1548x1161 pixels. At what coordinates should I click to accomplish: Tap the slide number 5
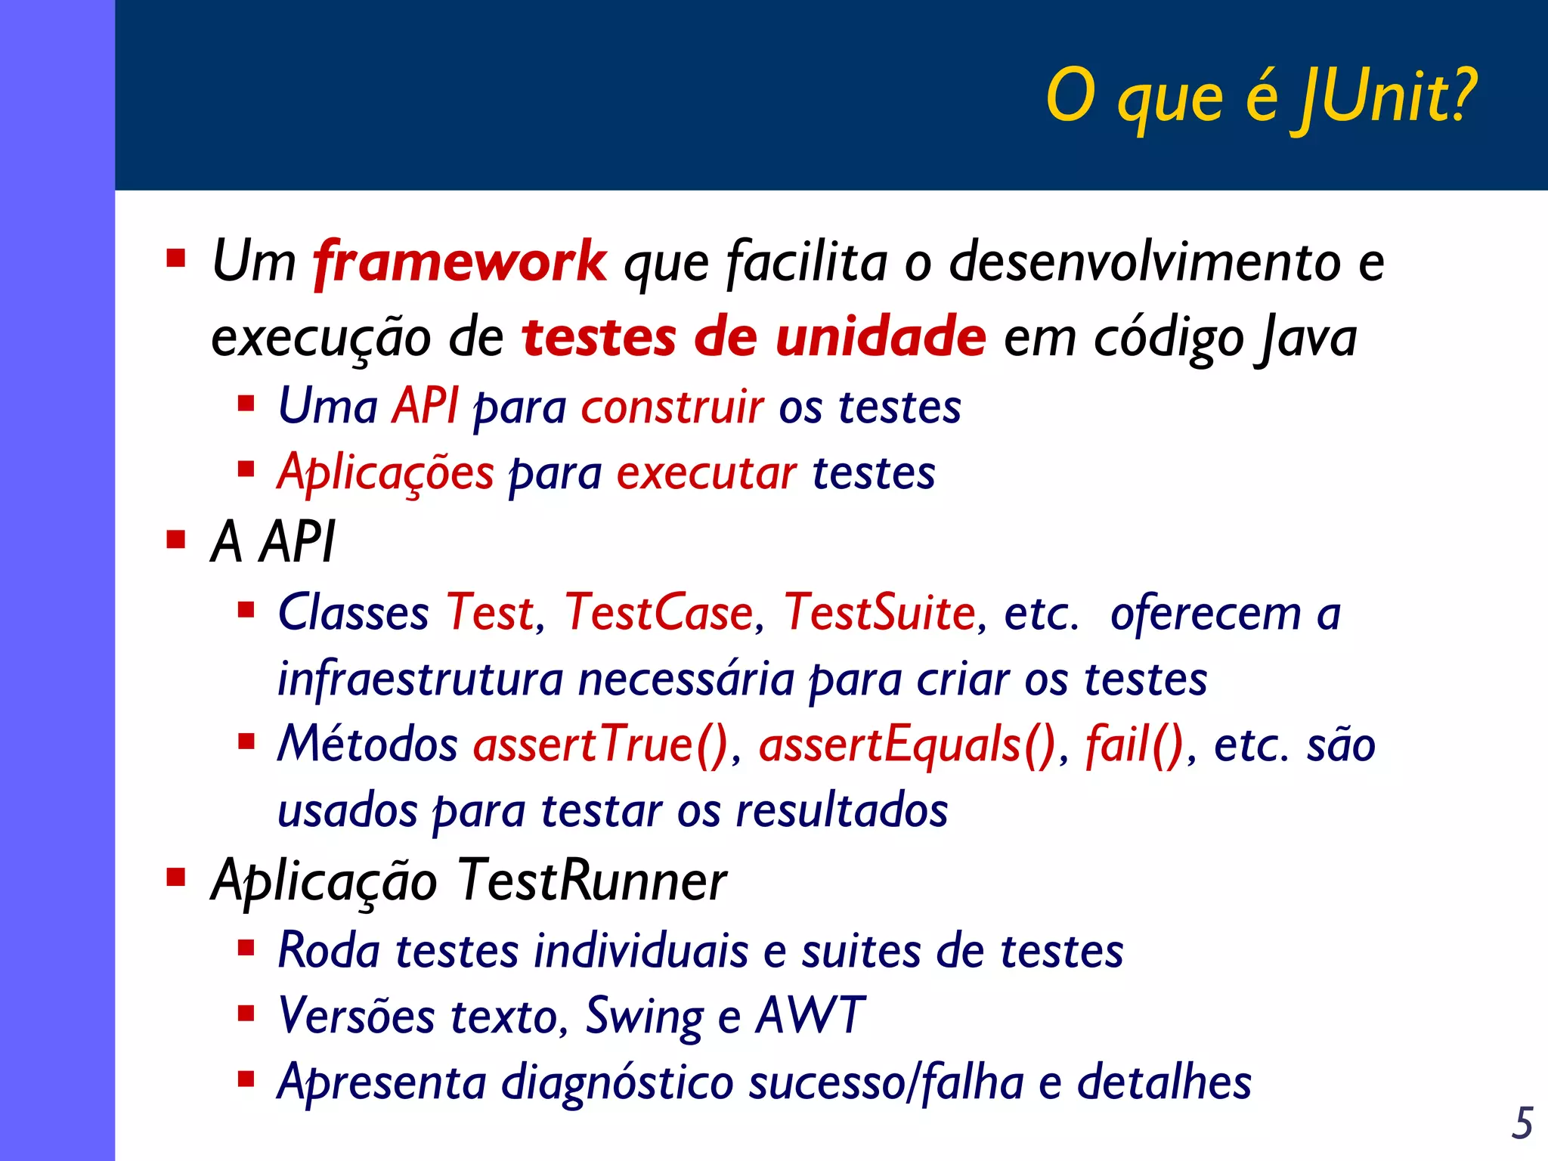pos(1522,1123)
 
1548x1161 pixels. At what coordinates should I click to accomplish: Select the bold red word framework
pos(460,262)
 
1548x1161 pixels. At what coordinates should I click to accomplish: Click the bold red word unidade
pos(881,337)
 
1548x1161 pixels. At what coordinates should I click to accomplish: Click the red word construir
pos(672,407)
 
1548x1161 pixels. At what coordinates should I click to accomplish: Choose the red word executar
pos(706,474)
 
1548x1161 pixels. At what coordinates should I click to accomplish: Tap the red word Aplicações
pos(385,474)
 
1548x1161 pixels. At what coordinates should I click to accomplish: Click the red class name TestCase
pos(659,612)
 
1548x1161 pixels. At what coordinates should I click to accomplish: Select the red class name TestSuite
pos(880,612)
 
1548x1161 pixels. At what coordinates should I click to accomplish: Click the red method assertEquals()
pos(907,745)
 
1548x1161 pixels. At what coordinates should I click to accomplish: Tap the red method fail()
pos(1135,745)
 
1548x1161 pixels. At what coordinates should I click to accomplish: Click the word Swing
pos(644,1017)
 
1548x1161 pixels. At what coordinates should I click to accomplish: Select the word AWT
pos(810,1015)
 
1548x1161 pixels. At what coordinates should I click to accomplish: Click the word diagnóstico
pos(618,1083)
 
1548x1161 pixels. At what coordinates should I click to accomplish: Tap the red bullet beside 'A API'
pos(176,540)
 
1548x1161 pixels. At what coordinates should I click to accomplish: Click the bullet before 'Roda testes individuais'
pos(246,948)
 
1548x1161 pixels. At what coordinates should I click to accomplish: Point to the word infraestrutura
pos(420,679)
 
